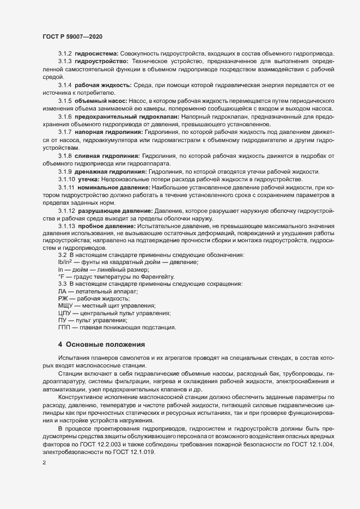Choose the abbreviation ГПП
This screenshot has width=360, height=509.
pyautogui.click(x=65, y=328)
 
